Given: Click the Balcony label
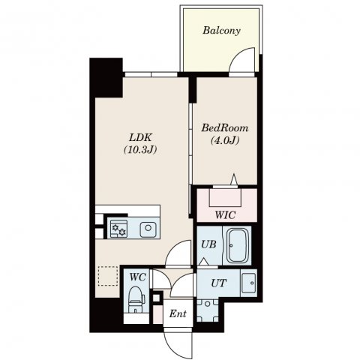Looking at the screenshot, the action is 221,31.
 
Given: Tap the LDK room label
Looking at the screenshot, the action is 140,137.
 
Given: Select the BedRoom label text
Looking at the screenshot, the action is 225,128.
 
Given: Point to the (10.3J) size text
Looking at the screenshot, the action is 140,150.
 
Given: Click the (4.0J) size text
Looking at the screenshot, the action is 225,140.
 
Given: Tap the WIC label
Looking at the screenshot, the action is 225,214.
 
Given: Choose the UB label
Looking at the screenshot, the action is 208,244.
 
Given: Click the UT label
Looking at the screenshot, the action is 219,283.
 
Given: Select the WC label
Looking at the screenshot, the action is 138,277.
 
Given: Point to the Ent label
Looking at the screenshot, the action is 178,313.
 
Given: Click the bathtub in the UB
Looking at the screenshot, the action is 238,245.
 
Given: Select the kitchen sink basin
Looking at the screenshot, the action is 148,228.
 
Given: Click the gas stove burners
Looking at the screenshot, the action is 118,229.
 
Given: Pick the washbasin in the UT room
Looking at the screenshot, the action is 249,283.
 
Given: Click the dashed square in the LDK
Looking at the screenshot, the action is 108,276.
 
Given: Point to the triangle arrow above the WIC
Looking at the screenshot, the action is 234,179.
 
